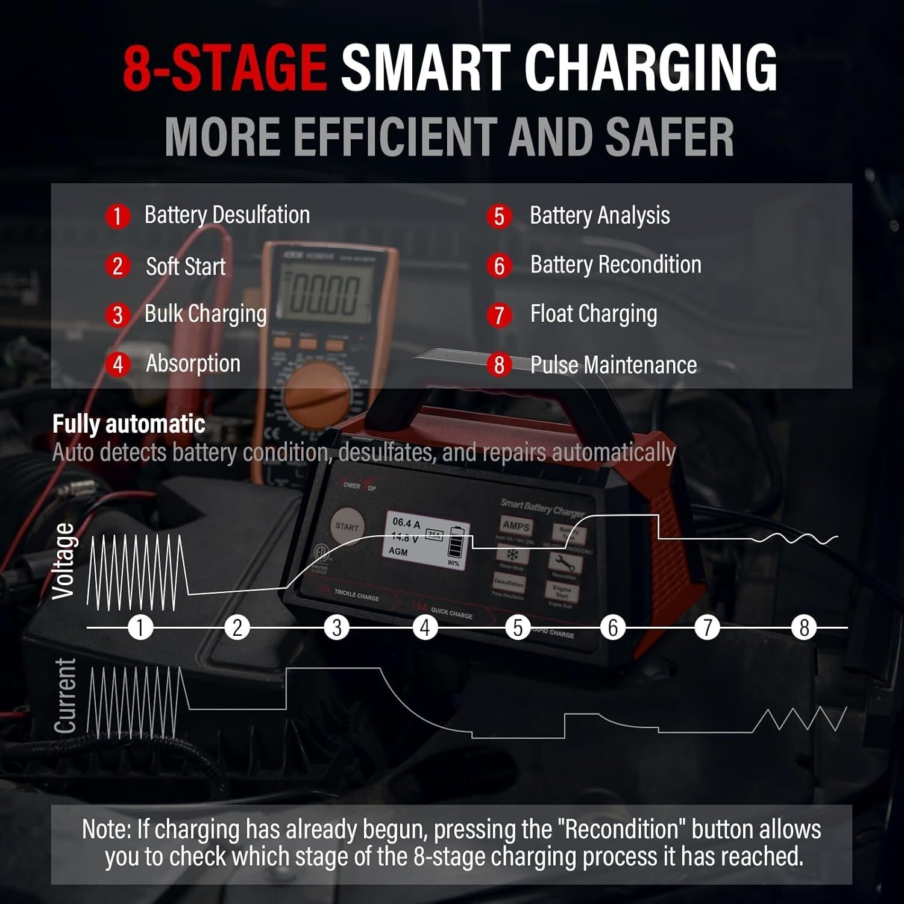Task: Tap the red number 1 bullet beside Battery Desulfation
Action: (x=118, y=216)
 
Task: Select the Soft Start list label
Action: (x=186, y=266)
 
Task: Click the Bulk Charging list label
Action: (x=206, y=314)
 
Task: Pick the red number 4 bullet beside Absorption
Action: (x=118, y=364)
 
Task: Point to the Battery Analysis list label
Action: (x=600, y=216)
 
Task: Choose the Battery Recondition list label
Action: (x=615, y=265)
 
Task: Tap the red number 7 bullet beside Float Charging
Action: (x=499, y=315)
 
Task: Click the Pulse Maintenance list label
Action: (x=613, y=365)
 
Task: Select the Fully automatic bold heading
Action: (x=128, y=424)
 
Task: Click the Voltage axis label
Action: (x=64, y=562)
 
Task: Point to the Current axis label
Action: (x=65, y=696)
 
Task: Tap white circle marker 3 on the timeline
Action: (x=337, y=627)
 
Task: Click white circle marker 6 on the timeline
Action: (x=613, y=627)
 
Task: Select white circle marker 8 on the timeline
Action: (x=804, y=627)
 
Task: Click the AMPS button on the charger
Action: (x=516, y=526)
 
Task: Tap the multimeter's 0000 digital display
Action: (x=326, y=294)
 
